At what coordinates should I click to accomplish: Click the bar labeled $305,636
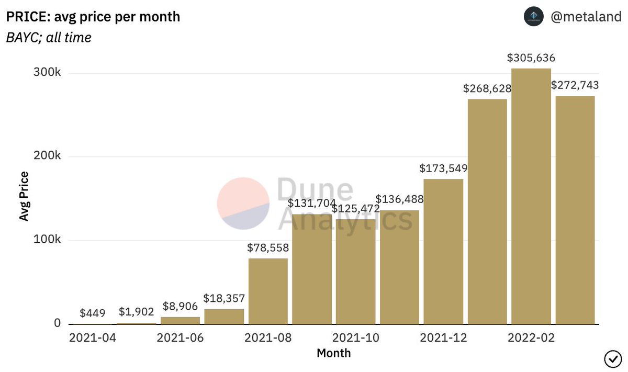coord(531,196)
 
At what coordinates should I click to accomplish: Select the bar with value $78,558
coord(268,291)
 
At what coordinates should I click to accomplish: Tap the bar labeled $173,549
coord(443,252)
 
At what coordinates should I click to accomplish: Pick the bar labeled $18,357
coord(224,316)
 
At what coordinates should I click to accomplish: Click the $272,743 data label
coord(575,85)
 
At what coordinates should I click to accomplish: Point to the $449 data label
coord(93,313)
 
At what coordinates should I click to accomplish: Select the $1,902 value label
coord(136,312)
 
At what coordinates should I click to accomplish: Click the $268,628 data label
coord(487,88)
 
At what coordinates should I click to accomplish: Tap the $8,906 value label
coord(180,306)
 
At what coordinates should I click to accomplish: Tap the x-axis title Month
coord(334,353)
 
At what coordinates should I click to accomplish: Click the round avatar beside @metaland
coord(534,17)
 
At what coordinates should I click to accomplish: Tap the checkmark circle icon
coord(612,359)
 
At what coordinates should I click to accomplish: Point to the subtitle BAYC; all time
coord(49,38)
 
